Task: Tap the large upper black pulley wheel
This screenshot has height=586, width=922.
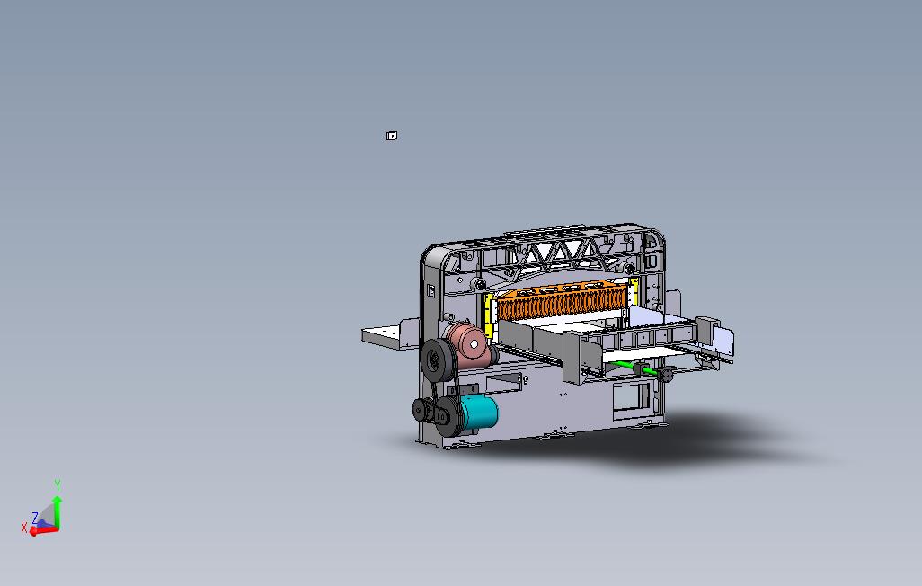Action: (439, 361)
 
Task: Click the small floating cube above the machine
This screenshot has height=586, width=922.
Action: (392, 136)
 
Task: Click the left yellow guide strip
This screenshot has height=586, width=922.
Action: (490, 315)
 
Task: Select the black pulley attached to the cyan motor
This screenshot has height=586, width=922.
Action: (447, 416)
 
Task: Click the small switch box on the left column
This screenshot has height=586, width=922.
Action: (430, 290)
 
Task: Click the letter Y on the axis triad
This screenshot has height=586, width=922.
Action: (58, 485)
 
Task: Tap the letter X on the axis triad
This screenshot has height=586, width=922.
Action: (24, 528)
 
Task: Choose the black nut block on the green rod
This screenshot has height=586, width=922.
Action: (665, 373)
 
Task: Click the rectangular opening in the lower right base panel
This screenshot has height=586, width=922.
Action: (632, 396)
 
